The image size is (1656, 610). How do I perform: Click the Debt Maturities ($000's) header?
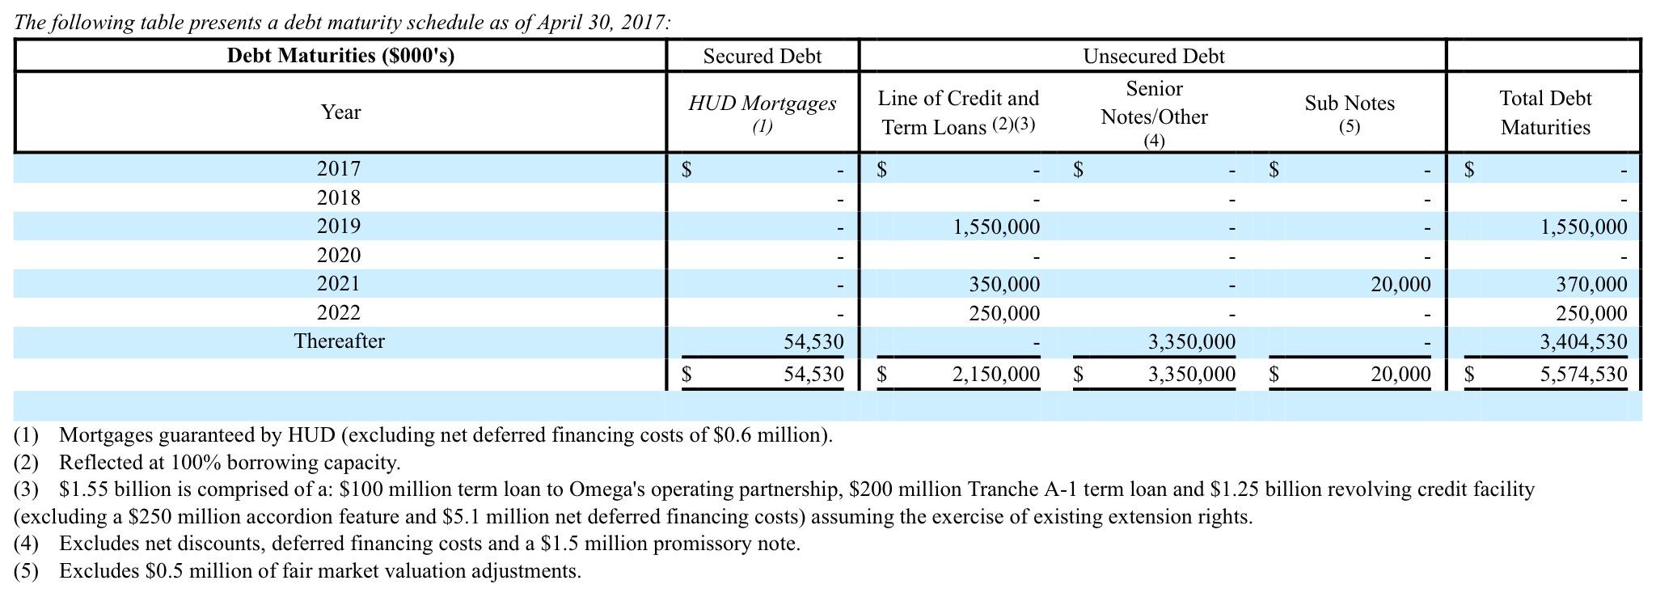click(x=340, y=56)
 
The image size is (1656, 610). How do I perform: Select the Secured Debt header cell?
click(x=762, y=56)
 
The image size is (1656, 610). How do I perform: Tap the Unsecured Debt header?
click(x=1153, y=56)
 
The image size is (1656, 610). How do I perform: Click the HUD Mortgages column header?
click(x=762, y=104)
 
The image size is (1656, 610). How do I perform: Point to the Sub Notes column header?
click(x=1349, y=104)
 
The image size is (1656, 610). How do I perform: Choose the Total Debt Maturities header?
click(x=1544, y=112)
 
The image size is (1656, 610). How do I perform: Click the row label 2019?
click(x=338, y=226)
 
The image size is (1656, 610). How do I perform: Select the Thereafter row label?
click(x=339, y=341)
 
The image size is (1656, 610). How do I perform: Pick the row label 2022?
click(x=338, y=312)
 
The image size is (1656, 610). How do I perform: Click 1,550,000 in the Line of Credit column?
click(x=996, y=227)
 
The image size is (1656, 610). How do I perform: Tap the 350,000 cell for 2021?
click(x=1004, y=284)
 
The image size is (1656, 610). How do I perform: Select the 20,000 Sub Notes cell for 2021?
click(x=1400, y=284)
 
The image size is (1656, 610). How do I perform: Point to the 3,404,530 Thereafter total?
click(x=1583, y=341)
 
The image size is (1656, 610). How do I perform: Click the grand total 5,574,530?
click(x=1583, y=374)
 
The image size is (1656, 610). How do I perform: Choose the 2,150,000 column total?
click(x=996, y=374)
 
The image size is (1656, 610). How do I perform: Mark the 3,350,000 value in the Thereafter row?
click(x=1192, y=341)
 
